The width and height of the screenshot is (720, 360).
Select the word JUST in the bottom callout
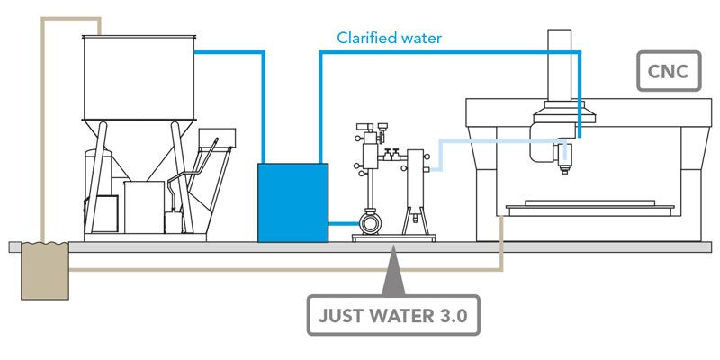coord(342,316)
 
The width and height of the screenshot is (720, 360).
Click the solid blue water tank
coord(293,202)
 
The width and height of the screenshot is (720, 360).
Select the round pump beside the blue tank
coord(370,221)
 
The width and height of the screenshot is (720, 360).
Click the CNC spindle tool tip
coord(564,167)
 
